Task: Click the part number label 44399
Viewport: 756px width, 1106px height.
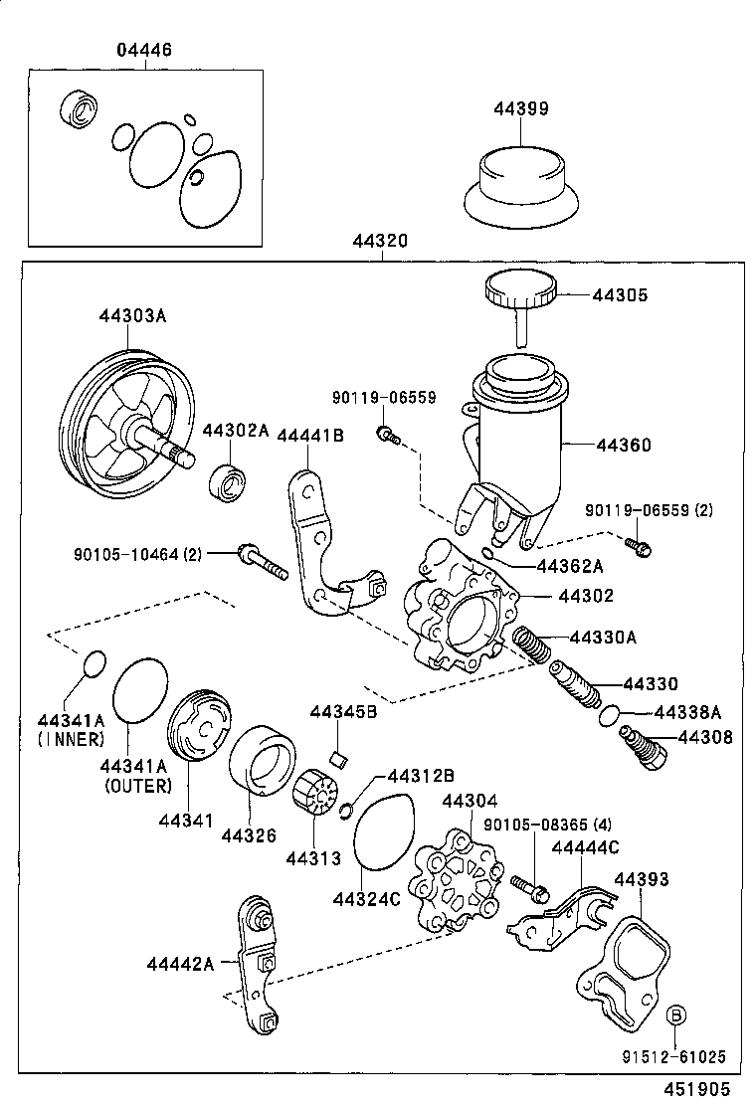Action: click(x=520, y=108)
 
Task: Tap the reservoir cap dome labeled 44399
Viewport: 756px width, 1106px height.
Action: click(x=521, y=184)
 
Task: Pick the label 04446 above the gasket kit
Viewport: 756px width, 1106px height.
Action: click(x=144, y=50)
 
